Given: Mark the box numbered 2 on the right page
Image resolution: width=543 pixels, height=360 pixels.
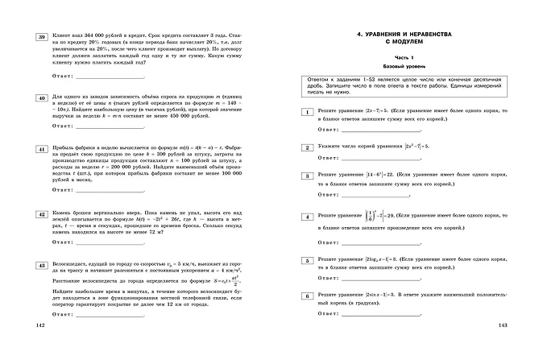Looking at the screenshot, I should tap(305, 147).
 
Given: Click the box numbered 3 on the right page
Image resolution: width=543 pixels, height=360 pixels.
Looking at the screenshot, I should tap(305, 175).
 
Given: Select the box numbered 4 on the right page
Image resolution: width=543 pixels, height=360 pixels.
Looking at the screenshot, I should tap(305, 217).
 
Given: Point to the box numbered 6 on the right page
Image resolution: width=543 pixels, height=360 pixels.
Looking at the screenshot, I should tap(305, 297).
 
